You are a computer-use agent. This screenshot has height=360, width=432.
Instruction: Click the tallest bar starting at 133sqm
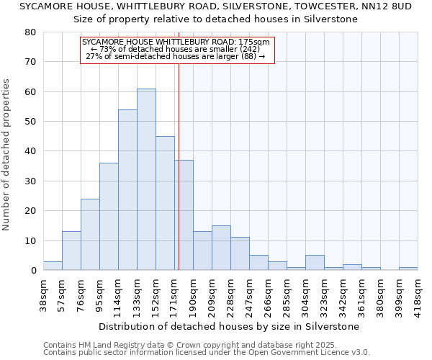click(x=146, y=180)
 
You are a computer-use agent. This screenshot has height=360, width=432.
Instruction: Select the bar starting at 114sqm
click(x=127, y=190)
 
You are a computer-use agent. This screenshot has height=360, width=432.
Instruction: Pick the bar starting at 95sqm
click(x=109, y=217)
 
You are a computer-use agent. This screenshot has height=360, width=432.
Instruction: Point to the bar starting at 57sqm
click(x=71, y=251)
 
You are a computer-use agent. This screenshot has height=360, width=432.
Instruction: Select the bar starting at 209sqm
click(x=221, y=248)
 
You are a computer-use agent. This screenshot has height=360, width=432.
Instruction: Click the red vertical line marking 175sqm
click(x=178, y=166)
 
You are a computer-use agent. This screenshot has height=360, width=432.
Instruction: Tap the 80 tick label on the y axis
click(x=30, y=32)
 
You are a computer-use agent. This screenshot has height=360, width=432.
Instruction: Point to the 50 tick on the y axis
click(x=30, y=122)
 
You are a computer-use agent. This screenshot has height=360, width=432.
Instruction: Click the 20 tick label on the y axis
click(x=30, y=211)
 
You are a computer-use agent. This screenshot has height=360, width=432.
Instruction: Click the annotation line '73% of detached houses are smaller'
click(x=176, y=49)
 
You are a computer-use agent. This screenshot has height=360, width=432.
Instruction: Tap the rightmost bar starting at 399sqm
click(x=408, y=269)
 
